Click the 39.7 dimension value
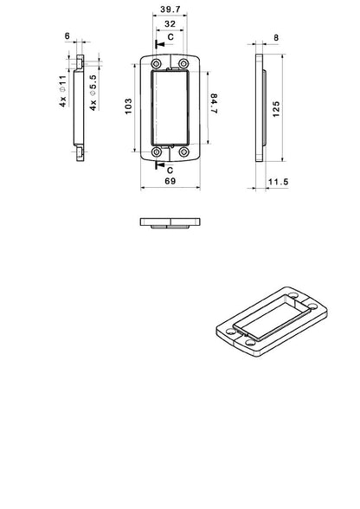(170, 9)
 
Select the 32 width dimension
(170, 25)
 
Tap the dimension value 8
(275, 38)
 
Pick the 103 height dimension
(128, 109)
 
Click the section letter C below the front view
(170, 171)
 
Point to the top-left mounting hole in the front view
(155, 65)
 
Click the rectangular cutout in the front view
(170, 109)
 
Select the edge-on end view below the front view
(170, 222)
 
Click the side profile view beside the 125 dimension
(260, 108)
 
